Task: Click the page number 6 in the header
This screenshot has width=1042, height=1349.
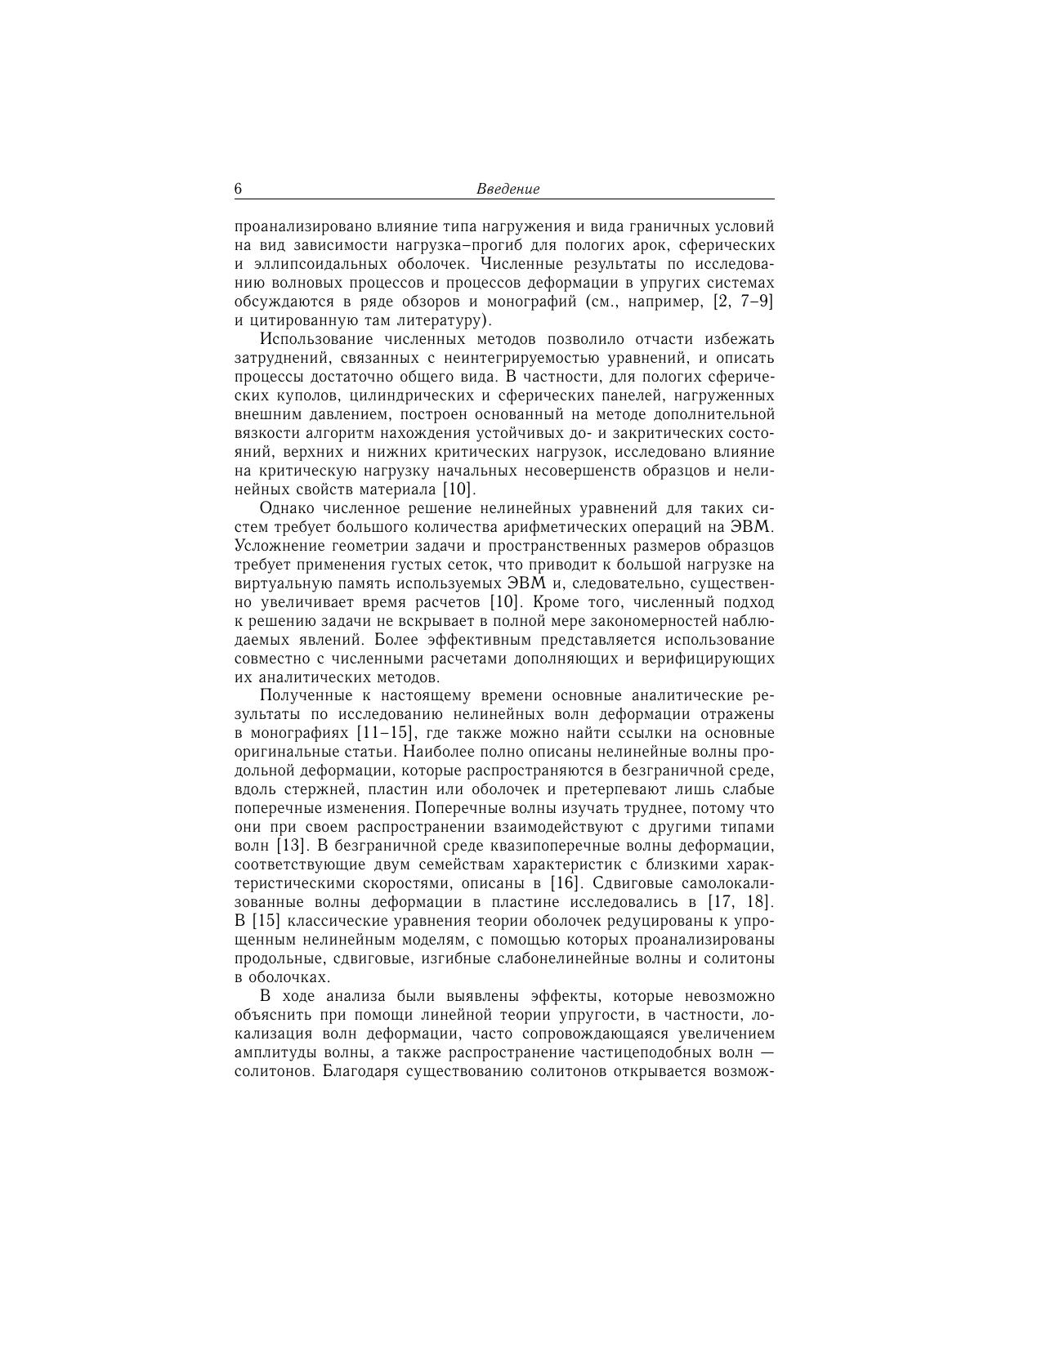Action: tap(239, 189)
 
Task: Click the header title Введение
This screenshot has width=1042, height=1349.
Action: tap(508, 189)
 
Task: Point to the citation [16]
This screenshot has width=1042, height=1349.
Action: tap(564, 883)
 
